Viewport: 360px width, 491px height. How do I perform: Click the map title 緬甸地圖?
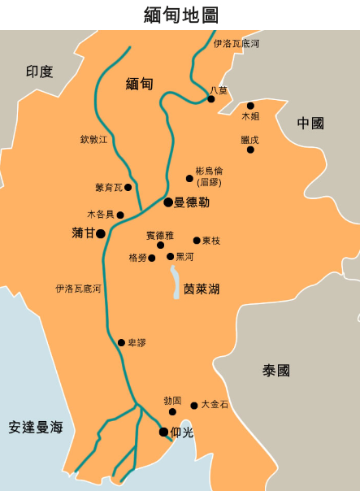point(180,15)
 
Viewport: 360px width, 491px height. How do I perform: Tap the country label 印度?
point(39,72)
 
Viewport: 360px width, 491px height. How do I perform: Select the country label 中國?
point(310,124)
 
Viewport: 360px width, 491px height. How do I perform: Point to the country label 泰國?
point(275,371)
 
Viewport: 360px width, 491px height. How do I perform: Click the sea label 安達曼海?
point(36,427)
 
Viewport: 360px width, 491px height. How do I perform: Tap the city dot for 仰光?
point(163,432)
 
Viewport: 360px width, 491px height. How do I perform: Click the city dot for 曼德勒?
point(168,202)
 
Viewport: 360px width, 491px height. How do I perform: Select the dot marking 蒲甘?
point(101,233)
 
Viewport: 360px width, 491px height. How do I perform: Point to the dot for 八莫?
point(210,99)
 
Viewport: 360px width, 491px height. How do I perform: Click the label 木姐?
point(250,117)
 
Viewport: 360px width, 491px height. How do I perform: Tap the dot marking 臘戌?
point(250,150)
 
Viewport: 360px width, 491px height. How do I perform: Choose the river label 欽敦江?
point(93,140)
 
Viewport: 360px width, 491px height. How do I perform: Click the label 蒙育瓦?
point(108,188)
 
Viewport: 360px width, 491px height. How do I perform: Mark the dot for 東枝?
point(197,241)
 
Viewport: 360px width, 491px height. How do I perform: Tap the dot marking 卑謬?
point(121,342)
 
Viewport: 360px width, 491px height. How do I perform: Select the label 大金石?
point(215,404)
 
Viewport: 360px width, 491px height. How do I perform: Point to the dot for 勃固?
point(171,412)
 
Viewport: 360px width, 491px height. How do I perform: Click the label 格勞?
point(137,258)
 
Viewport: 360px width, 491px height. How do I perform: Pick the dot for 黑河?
point(170,257)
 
